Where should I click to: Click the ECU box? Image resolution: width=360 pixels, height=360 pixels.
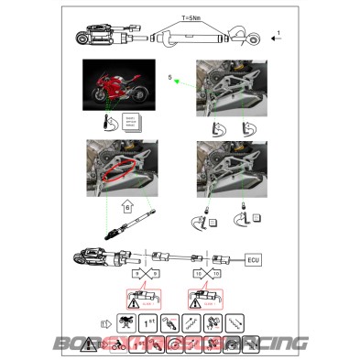[256, 260]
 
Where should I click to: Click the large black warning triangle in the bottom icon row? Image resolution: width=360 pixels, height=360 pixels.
[90, 346]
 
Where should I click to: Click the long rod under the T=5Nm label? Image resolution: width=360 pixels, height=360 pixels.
[192, 40]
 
